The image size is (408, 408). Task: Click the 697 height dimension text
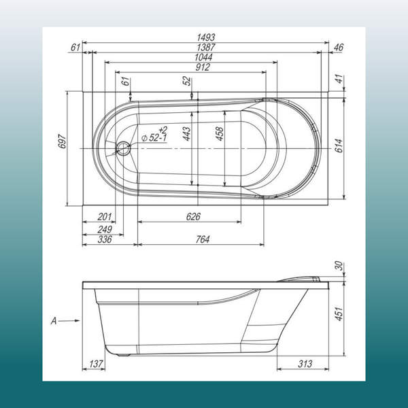61,141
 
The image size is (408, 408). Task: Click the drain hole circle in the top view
123,148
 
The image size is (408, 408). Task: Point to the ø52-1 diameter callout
156,135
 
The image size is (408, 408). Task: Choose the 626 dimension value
193,217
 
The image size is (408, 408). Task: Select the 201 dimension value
104,217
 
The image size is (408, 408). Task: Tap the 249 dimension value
104,228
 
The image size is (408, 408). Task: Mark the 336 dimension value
104,239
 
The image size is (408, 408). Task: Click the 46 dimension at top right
339,47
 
